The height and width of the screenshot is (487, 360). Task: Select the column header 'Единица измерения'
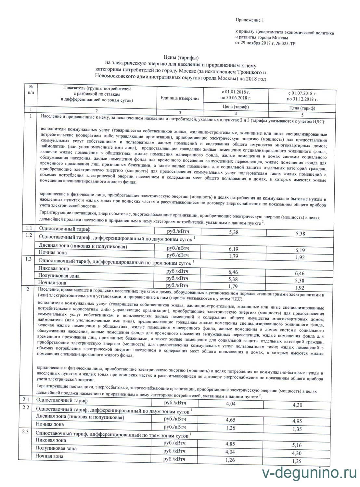coord(180,98)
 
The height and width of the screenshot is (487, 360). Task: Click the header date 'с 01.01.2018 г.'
coord(236,92)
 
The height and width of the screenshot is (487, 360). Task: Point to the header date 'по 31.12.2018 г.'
coord(302,99)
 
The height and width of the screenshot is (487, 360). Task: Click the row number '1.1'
coord(29,228)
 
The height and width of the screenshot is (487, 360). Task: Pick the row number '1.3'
coord(29,259)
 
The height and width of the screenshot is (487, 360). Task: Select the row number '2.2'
coord(26,407)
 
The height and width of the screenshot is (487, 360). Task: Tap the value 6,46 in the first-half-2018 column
coord(233,272)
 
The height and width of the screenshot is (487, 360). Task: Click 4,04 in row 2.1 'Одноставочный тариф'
coord(230,404)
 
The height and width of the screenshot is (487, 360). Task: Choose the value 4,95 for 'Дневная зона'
coord(297,421)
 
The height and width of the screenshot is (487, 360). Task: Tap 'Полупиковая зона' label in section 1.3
coord(59,276)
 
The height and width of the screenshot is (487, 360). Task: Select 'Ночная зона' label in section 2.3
coord(49,456)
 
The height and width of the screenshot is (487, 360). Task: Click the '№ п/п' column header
coord(31,90)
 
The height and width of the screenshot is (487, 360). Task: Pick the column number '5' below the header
coord(302,115)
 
